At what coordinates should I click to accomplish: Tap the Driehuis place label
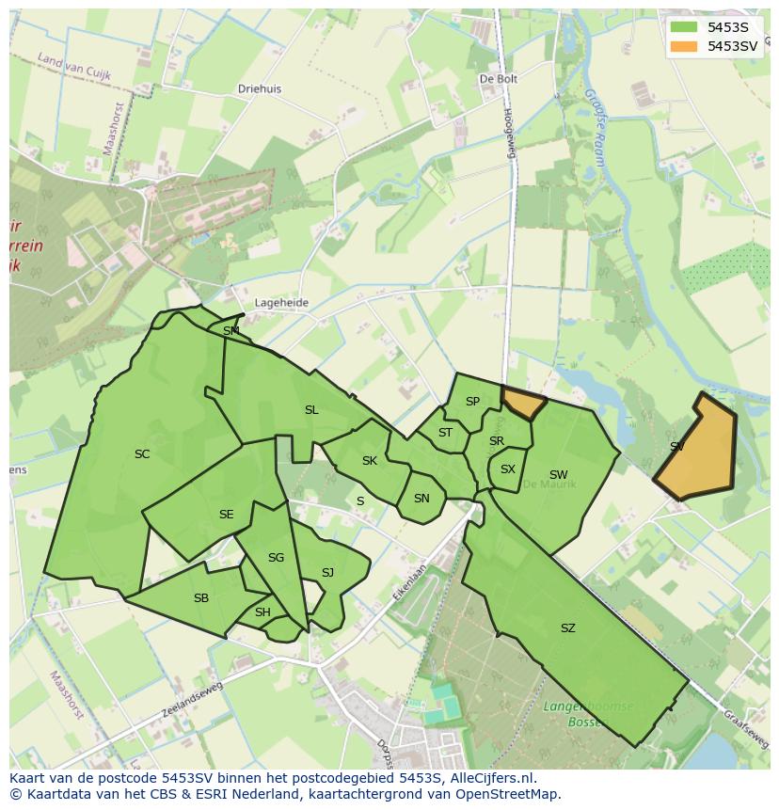(x=260, y=89)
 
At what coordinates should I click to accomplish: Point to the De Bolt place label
(x=499, y=80)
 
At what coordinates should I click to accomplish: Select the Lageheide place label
(x=281, y=303)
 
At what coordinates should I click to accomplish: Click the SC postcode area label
(x=142, y=454)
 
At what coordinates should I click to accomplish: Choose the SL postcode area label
(x=311, y=410)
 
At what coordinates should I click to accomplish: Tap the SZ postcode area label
(x=567, y=628)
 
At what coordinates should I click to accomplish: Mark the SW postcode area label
(x=559, y=475)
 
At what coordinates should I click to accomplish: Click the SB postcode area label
(x=201, y=598)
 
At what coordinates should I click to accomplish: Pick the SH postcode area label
(x=262, y=612)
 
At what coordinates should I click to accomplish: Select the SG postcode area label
(x=276, y=558)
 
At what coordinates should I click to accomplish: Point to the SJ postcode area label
(x=327, y=573)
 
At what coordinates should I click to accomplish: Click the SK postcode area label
(x=370, y=461)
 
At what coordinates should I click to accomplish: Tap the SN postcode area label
(x=421, y=499)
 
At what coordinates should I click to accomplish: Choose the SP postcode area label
(x=472, y=402)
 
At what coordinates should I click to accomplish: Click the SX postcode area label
(x=508, y=469)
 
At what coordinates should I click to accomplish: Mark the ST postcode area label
(x=445, y=434)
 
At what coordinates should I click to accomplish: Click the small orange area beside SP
(x=523, y=404)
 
